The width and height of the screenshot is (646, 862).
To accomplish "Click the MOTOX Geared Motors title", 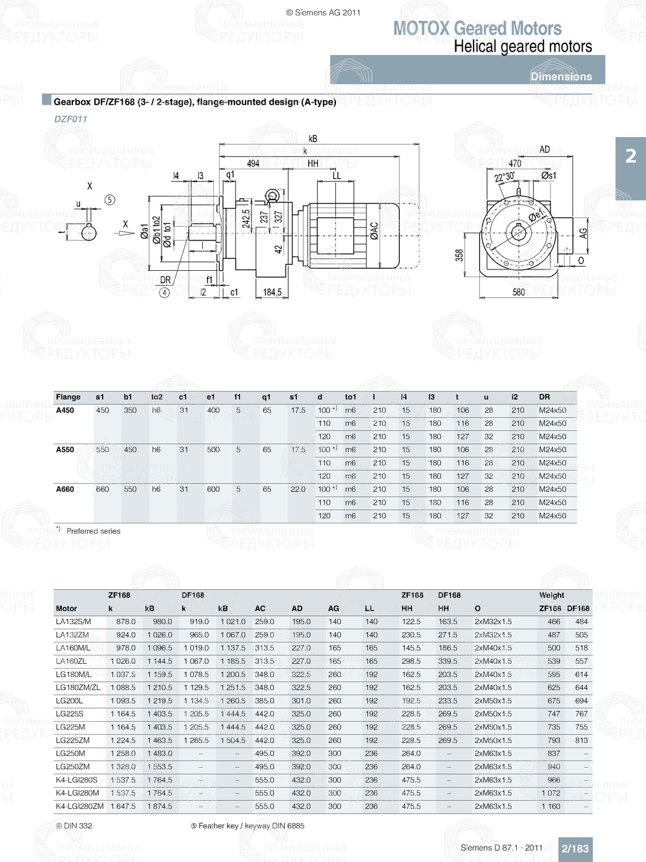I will (x=477, y=28).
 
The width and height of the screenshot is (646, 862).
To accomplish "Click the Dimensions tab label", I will (x=561, y=76).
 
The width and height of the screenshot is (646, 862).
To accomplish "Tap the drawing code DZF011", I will (x=70, y=119).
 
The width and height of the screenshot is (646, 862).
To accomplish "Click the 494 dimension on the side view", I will (x=253, y=163).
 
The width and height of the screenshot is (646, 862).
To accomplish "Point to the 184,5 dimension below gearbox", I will (x=272, y=292).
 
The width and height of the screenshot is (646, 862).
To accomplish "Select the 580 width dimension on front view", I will (x=518, y=292).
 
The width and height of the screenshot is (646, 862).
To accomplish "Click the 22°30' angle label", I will (x=504, y=177).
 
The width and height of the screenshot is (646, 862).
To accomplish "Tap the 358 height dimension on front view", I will (x=459, y=255).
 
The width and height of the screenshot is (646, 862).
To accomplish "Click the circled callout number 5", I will (x=110, y=200).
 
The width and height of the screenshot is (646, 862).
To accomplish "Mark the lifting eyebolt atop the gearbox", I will (x=272, y=195).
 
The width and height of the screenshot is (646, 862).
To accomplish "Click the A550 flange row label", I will (x=65, y=450).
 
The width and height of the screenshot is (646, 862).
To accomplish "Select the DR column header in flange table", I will (x=545, y=397).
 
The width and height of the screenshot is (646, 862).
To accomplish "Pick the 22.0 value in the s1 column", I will (x=298, y=489).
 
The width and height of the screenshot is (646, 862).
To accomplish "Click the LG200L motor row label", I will (x=69, y=700).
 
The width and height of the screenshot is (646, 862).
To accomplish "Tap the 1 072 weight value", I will (x=551, y=793).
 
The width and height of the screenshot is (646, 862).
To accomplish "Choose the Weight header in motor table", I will (x=552, y=595).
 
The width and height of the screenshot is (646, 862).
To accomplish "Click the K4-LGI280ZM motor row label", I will (x=79, y=806).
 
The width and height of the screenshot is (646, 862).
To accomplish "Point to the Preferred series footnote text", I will (x=93, y=531).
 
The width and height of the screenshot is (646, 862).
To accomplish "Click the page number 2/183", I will (x=575, y=848).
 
